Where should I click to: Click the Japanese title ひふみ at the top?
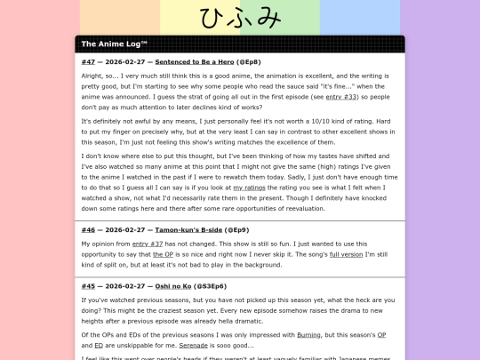pyautogui.click(x=240, y=19)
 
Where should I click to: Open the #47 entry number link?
pyautogui.click(x=88, y=62)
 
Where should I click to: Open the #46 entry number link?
pyautogui.click(x=88, y=229)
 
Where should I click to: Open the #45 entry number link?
pyautogui.click(x=88, y=286)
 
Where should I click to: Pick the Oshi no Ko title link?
pyautogui.click(x=178, y=286)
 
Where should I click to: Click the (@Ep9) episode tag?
pyautogui.click(x=254, y=229)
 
